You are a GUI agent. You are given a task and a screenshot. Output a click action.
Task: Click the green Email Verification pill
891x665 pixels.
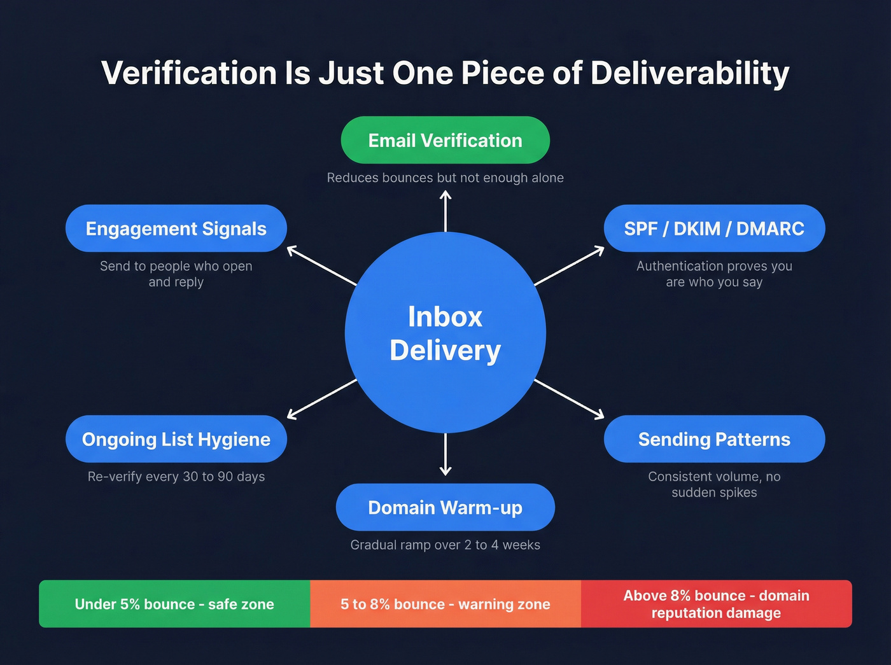pos(445,140)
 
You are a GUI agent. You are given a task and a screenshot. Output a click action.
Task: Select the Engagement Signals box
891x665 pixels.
pos(176,228)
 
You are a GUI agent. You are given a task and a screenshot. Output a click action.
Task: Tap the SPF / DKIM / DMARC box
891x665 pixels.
pos(714,228)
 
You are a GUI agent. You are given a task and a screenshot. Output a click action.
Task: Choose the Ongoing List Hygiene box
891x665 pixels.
pos(176,439)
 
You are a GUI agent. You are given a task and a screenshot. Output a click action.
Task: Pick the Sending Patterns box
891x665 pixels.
pos(714,439)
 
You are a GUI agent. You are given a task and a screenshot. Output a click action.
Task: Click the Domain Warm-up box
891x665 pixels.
pos(445,507)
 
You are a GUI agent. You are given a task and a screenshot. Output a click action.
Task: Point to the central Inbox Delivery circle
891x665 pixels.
pos(445,333)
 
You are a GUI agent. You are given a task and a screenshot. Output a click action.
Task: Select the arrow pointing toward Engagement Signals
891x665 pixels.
pos(321,265)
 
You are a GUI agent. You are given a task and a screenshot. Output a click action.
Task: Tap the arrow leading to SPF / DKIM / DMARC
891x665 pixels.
pos(570,265)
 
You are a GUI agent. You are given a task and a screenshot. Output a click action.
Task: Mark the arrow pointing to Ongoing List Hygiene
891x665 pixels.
pos(321,399)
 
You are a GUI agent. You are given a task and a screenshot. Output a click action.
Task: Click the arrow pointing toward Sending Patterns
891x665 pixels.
pos(570,399)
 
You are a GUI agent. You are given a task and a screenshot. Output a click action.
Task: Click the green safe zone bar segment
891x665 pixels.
pos(174,604)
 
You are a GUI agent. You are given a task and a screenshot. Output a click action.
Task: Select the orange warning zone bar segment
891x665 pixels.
pos(445,604)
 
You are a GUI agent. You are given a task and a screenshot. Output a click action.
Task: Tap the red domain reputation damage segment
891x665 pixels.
pos(716,604)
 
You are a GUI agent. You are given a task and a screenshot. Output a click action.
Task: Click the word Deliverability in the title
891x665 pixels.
pos(690,73)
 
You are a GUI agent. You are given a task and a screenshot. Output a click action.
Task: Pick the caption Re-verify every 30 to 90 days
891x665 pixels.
pos(176,477)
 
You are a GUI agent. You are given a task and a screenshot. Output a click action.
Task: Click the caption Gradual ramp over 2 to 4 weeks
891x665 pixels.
pos(445,545)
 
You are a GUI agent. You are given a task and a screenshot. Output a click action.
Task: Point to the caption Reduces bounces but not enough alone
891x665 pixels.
pos(445,178)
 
